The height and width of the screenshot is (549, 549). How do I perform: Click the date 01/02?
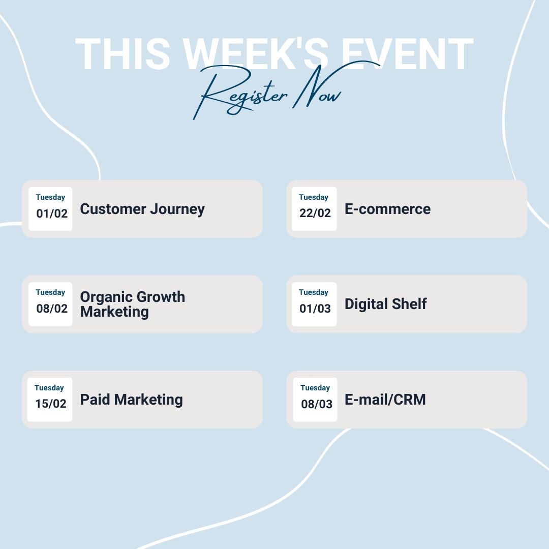coord(52,213)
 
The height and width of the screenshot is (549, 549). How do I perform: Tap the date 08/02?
coord(52,309)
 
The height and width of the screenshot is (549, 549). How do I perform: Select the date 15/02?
coord(51,404)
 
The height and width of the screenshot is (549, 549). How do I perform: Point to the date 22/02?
coord(315,213)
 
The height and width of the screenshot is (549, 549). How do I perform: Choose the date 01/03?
coord(315,309)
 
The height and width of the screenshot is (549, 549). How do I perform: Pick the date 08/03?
coord(317,404)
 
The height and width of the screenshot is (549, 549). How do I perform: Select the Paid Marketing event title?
coord(131,400)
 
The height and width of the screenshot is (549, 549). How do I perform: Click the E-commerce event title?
coord(387,209)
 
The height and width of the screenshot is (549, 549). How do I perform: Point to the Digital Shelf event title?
coord(385,304)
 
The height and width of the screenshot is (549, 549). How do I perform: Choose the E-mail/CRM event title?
coord(385,400)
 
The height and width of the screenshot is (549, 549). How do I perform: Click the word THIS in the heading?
coord(123,54)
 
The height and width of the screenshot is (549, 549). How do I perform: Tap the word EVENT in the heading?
coord(407,54)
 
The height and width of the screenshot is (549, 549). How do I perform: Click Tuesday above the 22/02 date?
coord(313,197)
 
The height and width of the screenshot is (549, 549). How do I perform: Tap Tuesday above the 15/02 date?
coord(49,388)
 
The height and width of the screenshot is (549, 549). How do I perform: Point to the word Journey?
coord(177,210)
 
